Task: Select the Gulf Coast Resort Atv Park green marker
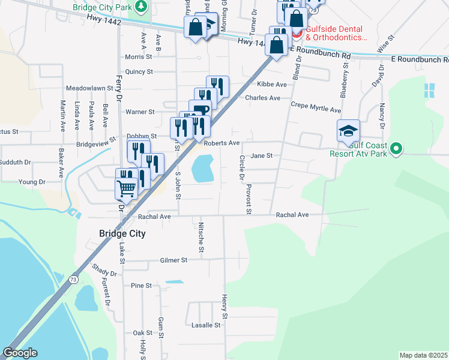(x=396, y=149)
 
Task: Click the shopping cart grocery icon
(x=127, y=188)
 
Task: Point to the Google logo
(x=20, y=353)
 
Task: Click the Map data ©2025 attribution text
(x=423, y=355)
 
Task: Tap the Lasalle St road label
(x=206, y=325)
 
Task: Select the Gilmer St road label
(x=174, y=260)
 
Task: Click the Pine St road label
(x=141, y=286)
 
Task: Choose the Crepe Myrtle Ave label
(x=315, y=107)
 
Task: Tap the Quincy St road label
(x=139, y=71)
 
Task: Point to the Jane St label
(x=262, y=155)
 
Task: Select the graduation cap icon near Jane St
(x=349, y=131)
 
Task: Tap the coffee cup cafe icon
(x=200, y=110)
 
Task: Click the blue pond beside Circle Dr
(x=203, y=168)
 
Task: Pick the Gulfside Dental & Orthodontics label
(x=336, y=33)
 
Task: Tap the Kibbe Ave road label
(x=272, y=85)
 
